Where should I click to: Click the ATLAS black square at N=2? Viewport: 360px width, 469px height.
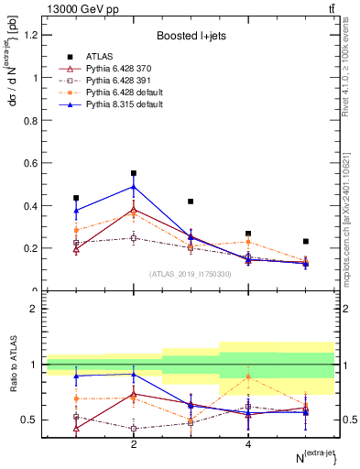(x=134, y=173)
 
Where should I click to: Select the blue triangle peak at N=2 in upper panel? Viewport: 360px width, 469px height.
(x=134, y=187)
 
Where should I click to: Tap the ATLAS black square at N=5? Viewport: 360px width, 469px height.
(x=306, y=242)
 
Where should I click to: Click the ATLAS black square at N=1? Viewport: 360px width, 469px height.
(x=76, y=198)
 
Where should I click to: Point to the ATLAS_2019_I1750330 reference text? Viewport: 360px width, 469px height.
(x=191, y=274)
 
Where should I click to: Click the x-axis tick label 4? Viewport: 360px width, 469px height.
(x=248, y=444)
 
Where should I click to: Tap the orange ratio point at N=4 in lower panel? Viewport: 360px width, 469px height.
(x=248, y=376)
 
